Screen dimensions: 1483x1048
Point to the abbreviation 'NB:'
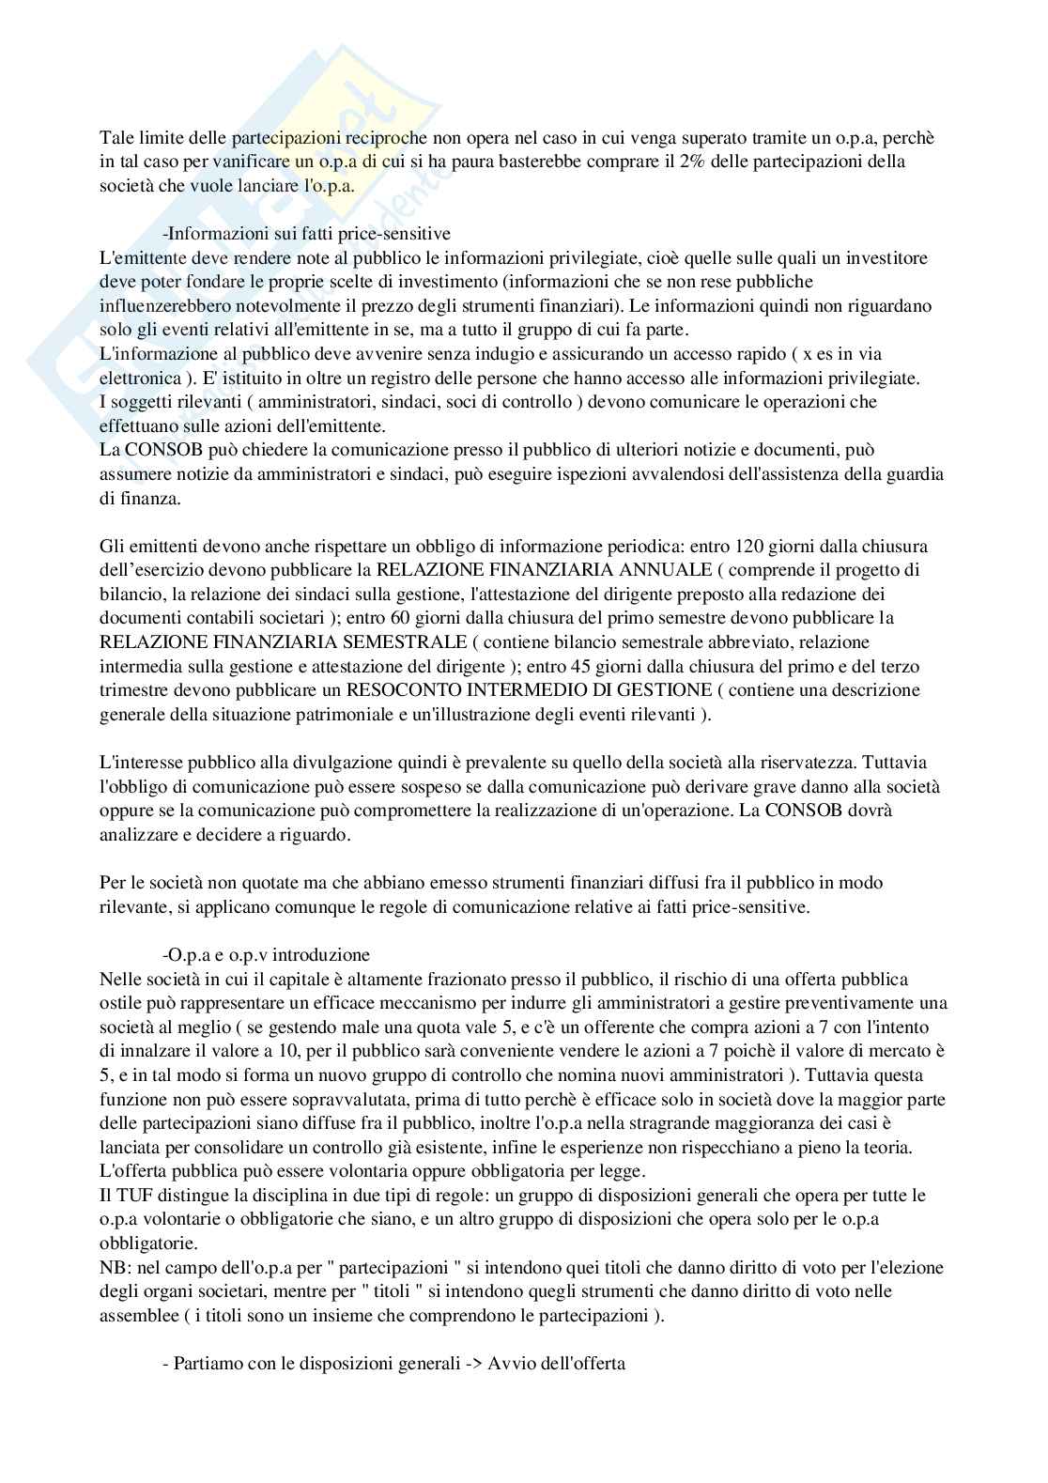114,1267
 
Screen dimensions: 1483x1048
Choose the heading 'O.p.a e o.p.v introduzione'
266,954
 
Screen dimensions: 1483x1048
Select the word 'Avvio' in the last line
510,1363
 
